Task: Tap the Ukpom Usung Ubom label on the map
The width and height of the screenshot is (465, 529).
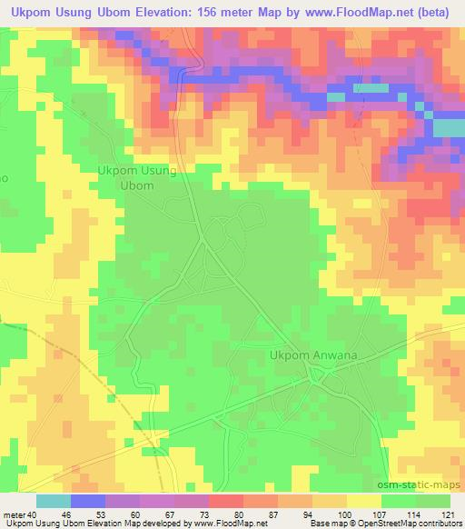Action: [x=137, y=177]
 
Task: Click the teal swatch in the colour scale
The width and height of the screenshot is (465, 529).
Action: [x=54, y=501]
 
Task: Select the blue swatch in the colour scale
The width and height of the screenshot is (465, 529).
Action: [x=88, y=501]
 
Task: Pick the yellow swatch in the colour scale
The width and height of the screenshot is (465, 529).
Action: [x=363, y=501]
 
